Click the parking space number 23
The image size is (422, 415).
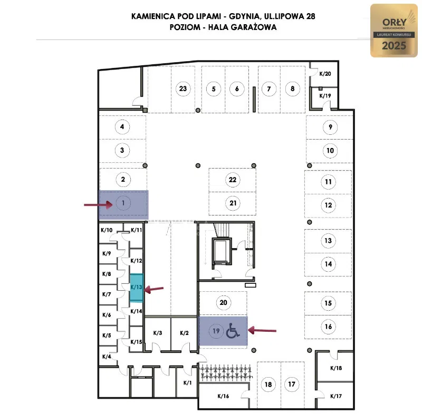[183, 88]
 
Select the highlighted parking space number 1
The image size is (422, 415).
[123, 203]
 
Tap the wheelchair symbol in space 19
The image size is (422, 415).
[233, 331]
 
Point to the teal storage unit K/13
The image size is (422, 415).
[137, 287]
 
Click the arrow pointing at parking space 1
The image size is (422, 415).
[98, 205]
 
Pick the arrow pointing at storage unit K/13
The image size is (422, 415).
[155, 289]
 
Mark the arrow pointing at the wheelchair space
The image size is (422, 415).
[262, 330]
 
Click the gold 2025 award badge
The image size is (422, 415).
[394, 31]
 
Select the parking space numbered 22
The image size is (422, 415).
[233, 180]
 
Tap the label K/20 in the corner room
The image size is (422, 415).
[325, 74]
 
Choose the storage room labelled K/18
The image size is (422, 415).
[336, 368]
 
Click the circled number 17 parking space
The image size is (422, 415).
[292, 384]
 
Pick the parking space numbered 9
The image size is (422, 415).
[330, 127]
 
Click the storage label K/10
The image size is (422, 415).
[107, 230]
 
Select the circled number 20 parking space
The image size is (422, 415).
[223, 302]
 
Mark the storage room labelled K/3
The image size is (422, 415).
[158, 333]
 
